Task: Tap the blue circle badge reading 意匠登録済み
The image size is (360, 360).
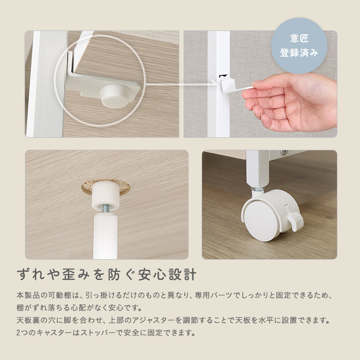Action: tap(299, 46)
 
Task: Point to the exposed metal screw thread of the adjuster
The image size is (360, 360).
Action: tap(106, 208)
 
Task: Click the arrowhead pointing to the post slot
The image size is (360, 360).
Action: tap(215, 83)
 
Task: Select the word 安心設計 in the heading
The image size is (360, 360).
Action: tap(167, 275)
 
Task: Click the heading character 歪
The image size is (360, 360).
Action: tap(69, 275)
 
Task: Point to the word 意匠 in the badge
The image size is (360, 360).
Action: tap(299, 38)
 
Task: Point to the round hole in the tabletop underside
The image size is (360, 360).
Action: tap(106, 187)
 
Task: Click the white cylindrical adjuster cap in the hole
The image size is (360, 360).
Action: tap(106, 195)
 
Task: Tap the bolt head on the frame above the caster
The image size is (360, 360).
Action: tap(284, 153)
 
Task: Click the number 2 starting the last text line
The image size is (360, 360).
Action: tap(18, 333)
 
